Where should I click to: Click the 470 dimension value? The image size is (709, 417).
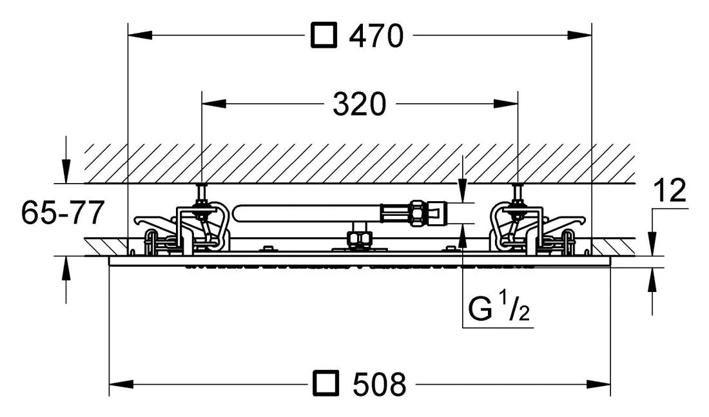(x=376, y=36)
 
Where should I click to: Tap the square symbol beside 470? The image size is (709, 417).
(x=324, y=36)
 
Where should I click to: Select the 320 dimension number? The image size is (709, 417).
(x=360, y=104)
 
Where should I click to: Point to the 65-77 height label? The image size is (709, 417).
(x=63, y=212)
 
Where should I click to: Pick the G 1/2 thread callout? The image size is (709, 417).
(x=499, y=307)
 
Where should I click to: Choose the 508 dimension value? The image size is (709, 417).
(x=380, y=384)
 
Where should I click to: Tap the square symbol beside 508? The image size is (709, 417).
(x=326, y=384)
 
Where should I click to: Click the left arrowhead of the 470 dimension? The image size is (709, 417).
(x=140, y=35)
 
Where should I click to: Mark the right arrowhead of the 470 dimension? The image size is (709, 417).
(x=579, y=35)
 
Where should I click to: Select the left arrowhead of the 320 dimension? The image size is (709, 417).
(x=214, y=104)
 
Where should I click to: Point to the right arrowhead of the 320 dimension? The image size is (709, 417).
(x=506, y=104)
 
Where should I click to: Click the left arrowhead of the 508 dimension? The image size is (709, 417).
(x=122, y=384)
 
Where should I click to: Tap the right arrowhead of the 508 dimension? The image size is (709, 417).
(x=599, y=384)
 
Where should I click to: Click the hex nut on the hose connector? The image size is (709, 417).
(x=418, y=212)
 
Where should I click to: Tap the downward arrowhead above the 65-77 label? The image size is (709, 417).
(x=66, y=172)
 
